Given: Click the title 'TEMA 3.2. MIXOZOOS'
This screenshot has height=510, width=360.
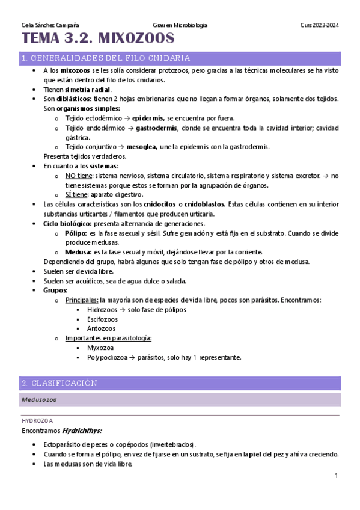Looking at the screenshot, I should tap(98, 40).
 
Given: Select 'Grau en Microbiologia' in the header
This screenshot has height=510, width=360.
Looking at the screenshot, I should tap(180, 25).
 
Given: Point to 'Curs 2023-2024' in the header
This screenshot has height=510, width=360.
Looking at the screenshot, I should tap(320, 25).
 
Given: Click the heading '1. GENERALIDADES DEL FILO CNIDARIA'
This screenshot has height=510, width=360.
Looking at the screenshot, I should tap(106, 58).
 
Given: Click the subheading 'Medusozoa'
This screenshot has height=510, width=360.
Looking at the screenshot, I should tap(40, 399).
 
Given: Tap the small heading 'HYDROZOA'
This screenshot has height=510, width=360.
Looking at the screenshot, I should tap(37, 421).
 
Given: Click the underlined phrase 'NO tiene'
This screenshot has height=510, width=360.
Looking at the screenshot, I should tap(79, 176).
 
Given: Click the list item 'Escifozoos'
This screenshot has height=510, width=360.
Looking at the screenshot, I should tap(102, 319).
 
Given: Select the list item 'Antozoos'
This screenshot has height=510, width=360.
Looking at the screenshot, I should tap(100, 328).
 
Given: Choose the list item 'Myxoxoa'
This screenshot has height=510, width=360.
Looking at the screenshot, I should tap(100, 348).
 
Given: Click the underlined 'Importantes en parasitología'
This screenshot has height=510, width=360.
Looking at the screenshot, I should tap(108, 338).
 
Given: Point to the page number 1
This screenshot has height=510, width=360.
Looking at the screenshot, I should tap(337, 476).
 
